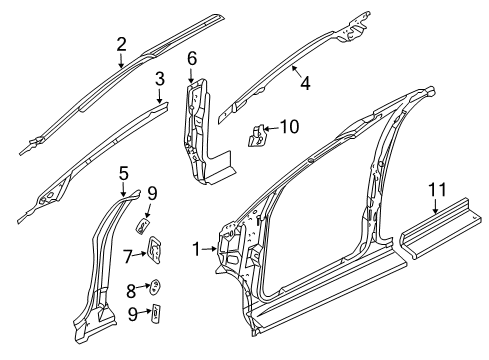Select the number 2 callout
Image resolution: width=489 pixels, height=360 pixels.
point(121,43)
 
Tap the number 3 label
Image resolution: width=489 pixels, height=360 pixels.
point(159,77)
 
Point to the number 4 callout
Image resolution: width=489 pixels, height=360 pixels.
point(305,84)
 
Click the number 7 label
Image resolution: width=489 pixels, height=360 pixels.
point(129,256)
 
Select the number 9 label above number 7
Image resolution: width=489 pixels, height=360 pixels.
point(153,193)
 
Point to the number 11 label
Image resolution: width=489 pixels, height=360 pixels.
point(437,189)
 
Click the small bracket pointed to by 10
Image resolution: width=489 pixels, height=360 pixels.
point(258,133)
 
